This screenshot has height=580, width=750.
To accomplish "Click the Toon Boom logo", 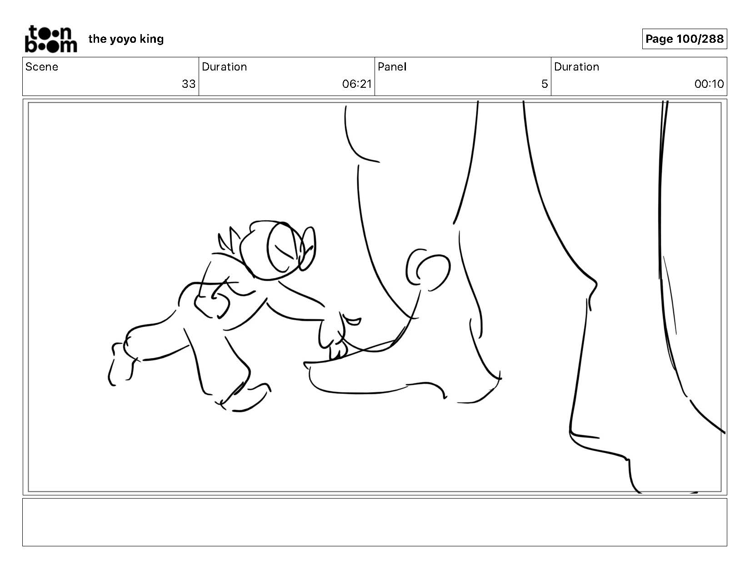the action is click(51, 39).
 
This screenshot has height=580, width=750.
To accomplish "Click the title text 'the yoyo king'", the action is click(126, 39).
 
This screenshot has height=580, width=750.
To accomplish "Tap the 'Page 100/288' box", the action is click(684, 39).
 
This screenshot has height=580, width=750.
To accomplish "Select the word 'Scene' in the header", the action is click(42, 67).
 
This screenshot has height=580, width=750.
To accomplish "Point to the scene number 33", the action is click(189, 84).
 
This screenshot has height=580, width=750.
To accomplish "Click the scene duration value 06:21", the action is click(357, 84).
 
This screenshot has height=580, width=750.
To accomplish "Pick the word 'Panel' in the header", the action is click(392, 67).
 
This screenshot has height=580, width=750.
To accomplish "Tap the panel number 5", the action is click(545, 84).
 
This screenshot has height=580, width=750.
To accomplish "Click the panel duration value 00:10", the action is click(709, 84).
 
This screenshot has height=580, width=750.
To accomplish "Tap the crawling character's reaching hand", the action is click(336, 335).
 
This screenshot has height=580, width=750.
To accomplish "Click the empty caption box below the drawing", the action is click(375, 522).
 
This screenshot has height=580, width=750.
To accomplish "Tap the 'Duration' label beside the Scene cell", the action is click(225, 67).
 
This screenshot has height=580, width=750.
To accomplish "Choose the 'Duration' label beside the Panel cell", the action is click(576, 67).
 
